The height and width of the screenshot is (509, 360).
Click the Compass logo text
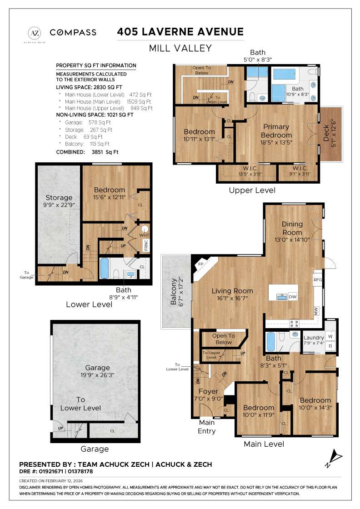pyautogui.click(x=73, y=32)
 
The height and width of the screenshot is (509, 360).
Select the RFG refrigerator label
pyautogui.click(x=318, y=279)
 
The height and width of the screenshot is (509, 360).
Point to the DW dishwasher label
pyautogui.click(x=293, y=297)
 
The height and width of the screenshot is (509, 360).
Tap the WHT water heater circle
pyautogui.click(x=145, y=230)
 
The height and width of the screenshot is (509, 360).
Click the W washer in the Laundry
pyautogui.click(x=330, y=337)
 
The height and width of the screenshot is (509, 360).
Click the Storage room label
pyautogui.click(x=59, y=198)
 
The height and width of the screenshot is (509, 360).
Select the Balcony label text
pyautogui.click(x=172, y=299)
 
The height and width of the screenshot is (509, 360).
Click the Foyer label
pyautogui.click(x=209, y=391)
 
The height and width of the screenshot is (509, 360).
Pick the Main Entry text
pyautogui.click(x=207, y=426)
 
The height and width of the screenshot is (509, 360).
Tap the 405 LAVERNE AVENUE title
pyautogui.click(x=180, y=32)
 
